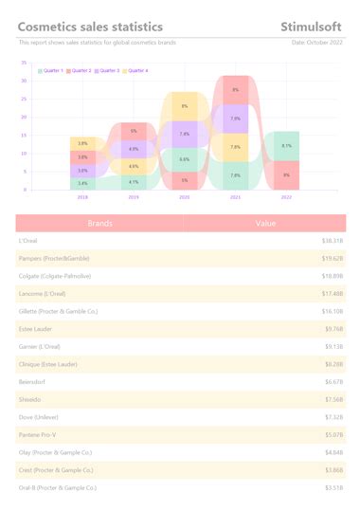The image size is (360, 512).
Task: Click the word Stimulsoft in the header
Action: click(x=312, y=27)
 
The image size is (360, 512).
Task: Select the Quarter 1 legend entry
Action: click(x=51, y=71)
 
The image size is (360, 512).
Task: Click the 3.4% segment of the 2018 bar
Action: click(x=82, y=183)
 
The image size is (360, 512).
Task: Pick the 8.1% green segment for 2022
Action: click(x=286, y=146)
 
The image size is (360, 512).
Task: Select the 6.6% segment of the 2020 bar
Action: click(x=184, y=159)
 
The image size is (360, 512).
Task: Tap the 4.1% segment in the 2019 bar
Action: click(x=134, y=182)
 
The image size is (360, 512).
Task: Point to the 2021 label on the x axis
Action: click(x=235, y=197)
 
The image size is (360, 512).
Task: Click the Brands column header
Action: click(x=100, y=224)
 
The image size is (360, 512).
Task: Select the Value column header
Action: click(x=266, y=224)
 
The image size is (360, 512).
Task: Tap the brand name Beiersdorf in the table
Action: click(x=33, y=381)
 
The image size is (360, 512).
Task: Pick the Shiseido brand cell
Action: click(x=29, y=399)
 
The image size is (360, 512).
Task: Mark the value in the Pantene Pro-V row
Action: click(x=333, y=434)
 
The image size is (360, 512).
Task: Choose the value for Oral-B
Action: click(x=333, y=487)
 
